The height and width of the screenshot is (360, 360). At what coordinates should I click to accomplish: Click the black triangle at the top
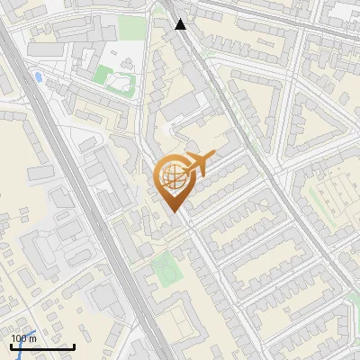coord(181,24)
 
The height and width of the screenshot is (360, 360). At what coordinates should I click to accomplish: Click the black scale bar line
coord(42,346)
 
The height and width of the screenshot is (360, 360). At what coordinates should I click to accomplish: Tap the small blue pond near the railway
coord(38,77)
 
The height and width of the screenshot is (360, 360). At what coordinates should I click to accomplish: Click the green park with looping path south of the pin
coord(164,267)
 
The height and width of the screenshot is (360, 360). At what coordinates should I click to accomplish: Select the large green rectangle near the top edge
coord(131,27)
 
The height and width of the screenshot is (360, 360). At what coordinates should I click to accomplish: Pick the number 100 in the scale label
coord(18,337)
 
